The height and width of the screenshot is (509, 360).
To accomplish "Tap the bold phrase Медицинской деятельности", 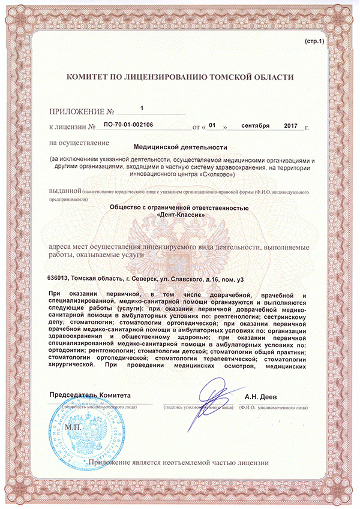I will tap(180, 146).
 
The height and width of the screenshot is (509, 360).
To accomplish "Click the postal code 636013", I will tap(58, 278).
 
